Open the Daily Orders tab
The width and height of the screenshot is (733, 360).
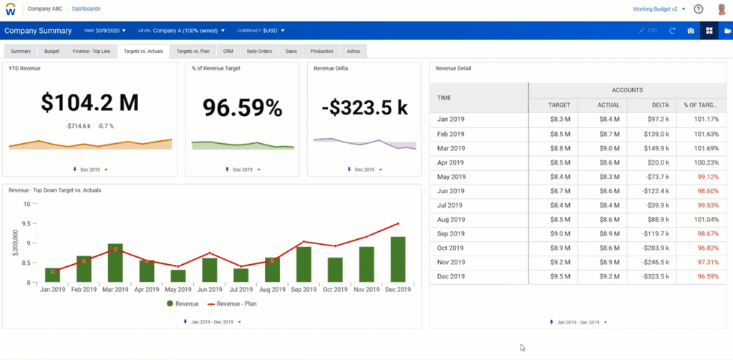(260, 52)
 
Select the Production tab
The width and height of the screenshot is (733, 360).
(322, 52)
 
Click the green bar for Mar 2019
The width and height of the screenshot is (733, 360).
(115, 263)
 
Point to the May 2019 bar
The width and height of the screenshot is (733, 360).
(178, 276)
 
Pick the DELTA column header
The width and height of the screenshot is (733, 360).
(650, 105)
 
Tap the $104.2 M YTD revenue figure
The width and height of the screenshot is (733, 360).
(89, 104)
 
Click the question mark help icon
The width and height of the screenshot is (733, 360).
(698, 9)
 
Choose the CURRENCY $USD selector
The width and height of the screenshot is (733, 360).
(261, 31)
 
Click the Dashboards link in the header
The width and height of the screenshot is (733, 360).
(87, 9)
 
